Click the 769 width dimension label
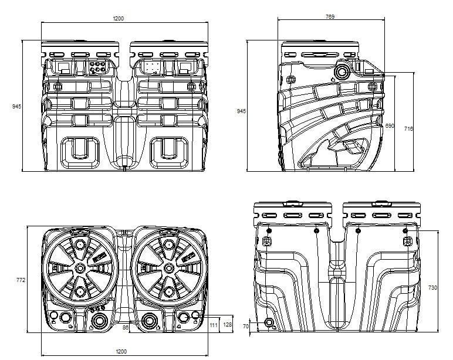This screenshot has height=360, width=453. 330,16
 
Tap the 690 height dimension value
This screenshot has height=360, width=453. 390,126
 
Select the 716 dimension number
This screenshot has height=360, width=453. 408,129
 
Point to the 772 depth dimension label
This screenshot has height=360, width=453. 21,280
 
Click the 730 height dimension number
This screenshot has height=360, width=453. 432,287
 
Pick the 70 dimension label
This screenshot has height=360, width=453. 245,326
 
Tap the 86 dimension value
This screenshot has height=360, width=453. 126,327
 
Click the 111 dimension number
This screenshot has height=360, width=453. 214,325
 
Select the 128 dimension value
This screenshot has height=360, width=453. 227,324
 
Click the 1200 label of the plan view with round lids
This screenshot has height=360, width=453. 121,351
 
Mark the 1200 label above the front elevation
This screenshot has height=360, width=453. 118,19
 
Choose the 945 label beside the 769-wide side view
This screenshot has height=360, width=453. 241,111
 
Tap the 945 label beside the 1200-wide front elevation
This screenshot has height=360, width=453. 17,106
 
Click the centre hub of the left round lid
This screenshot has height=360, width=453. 80,268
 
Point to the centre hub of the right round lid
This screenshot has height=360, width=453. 169,268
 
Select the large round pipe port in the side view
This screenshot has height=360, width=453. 342,72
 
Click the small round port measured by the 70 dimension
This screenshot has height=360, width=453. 269,322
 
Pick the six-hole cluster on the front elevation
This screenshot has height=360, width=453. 97,67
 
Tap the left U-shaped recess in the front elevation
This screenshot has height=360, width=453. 80,152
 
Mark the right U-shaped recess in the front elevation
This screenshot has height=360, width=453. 169,152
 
